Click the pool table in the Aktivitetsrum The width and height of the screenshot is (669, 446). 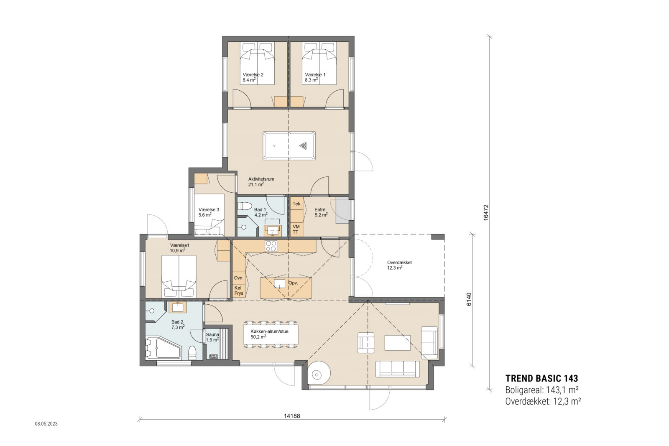pos(289,146)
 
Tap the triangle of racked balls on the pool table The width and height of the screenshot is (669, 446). pos(304,146)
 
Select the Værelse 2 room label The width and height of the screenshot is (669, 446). pos(253,75)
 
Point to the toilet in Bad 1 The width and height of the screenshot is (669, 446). pos(245,206)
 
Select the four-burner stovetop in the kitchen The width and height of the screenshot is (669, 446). pos(271,246)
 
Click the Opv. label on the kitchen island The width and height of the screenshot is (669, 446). pos(293,283)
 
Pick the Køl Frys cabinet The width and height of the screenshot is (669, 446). pos(239,291)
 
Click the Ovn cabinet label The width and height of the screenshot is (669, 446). pos(238,278)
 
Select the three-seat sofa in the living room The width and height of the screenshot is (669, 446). pos(398,369)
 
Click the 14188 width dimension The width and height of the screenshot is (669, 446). pos(292,416)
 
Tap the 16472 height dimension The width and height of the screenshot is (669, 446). pos(485,212)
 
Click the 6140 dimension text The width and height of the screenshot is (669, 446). pos(469,299)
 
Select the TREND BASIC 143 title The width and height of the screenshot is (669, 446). pos(541,379)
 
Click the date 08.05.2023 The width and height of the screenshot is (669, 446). pos(46,423)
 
